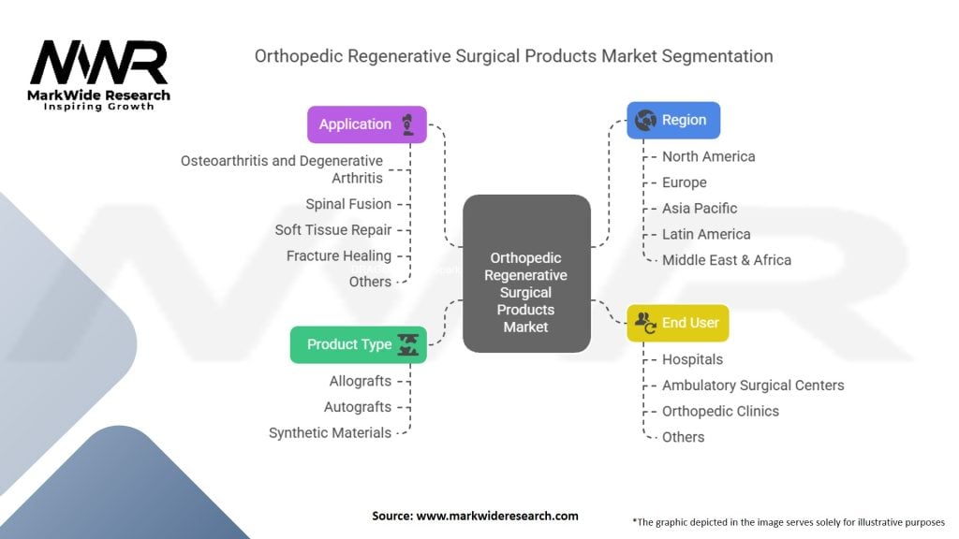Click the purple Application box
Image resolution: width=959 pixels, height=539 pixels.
pos(366,124)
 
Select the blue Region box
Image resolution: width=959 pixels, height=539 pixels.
pos(672,121)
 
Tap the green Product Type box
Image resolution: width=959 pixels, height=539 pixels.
pos(358,344)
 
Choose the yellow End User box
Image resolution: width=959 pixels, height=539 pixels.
pos(677,323)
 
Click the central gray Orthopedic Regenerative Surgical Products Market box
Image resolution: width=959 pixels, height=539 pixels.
pos(527,273)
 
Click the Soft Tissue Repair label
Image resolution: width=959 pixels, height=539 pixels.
pos(333,230)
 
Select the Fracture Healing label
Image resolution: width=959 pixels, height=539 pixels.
pos(339,255)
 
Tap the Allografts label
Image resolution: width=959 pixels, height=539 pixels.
pos(360,381)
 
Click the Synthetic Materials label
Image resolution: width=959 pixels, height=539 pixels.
pos(330,432)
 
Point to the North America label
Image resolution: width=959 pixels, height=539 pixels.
pos(708,156)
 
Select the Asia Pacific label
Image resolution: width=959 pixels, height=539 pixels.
pos(700,209)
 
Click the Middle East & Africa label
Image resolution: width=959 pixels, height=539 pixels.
pos(727,260)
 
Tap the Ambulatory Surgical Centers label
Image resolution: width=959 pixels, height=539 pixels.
pos(753,386)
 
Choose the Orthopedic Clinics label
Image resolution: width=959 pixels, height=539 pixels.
pos(720,411)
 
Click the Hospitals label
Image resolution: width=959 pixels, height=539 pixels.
pos(692,359)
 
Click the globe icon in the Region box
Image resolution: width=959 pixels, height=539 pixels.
pos(644,121)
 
